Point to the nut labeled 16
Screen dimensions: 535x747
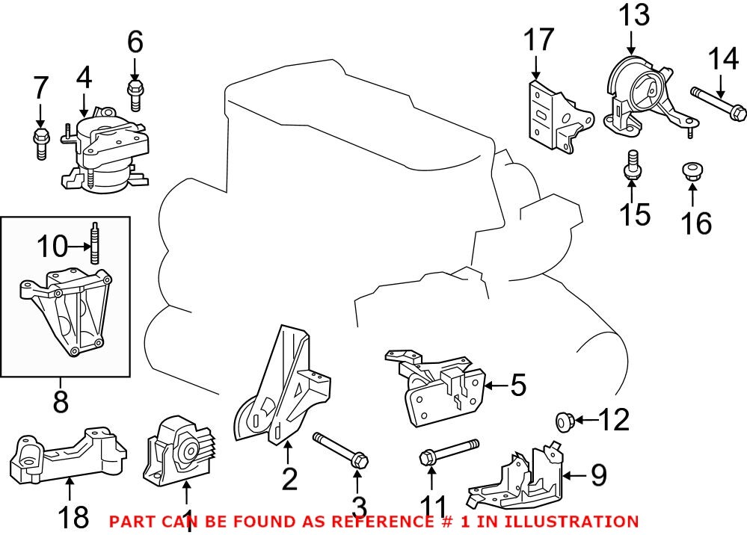point(692,170)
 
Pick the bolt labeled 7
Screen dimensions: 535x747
point(40,142)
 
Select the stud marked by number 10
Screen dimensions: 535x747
point(96,243)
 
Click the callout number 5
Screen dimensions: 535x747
point(517,386)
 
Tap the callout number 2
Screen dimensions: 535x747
point(289,477)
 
